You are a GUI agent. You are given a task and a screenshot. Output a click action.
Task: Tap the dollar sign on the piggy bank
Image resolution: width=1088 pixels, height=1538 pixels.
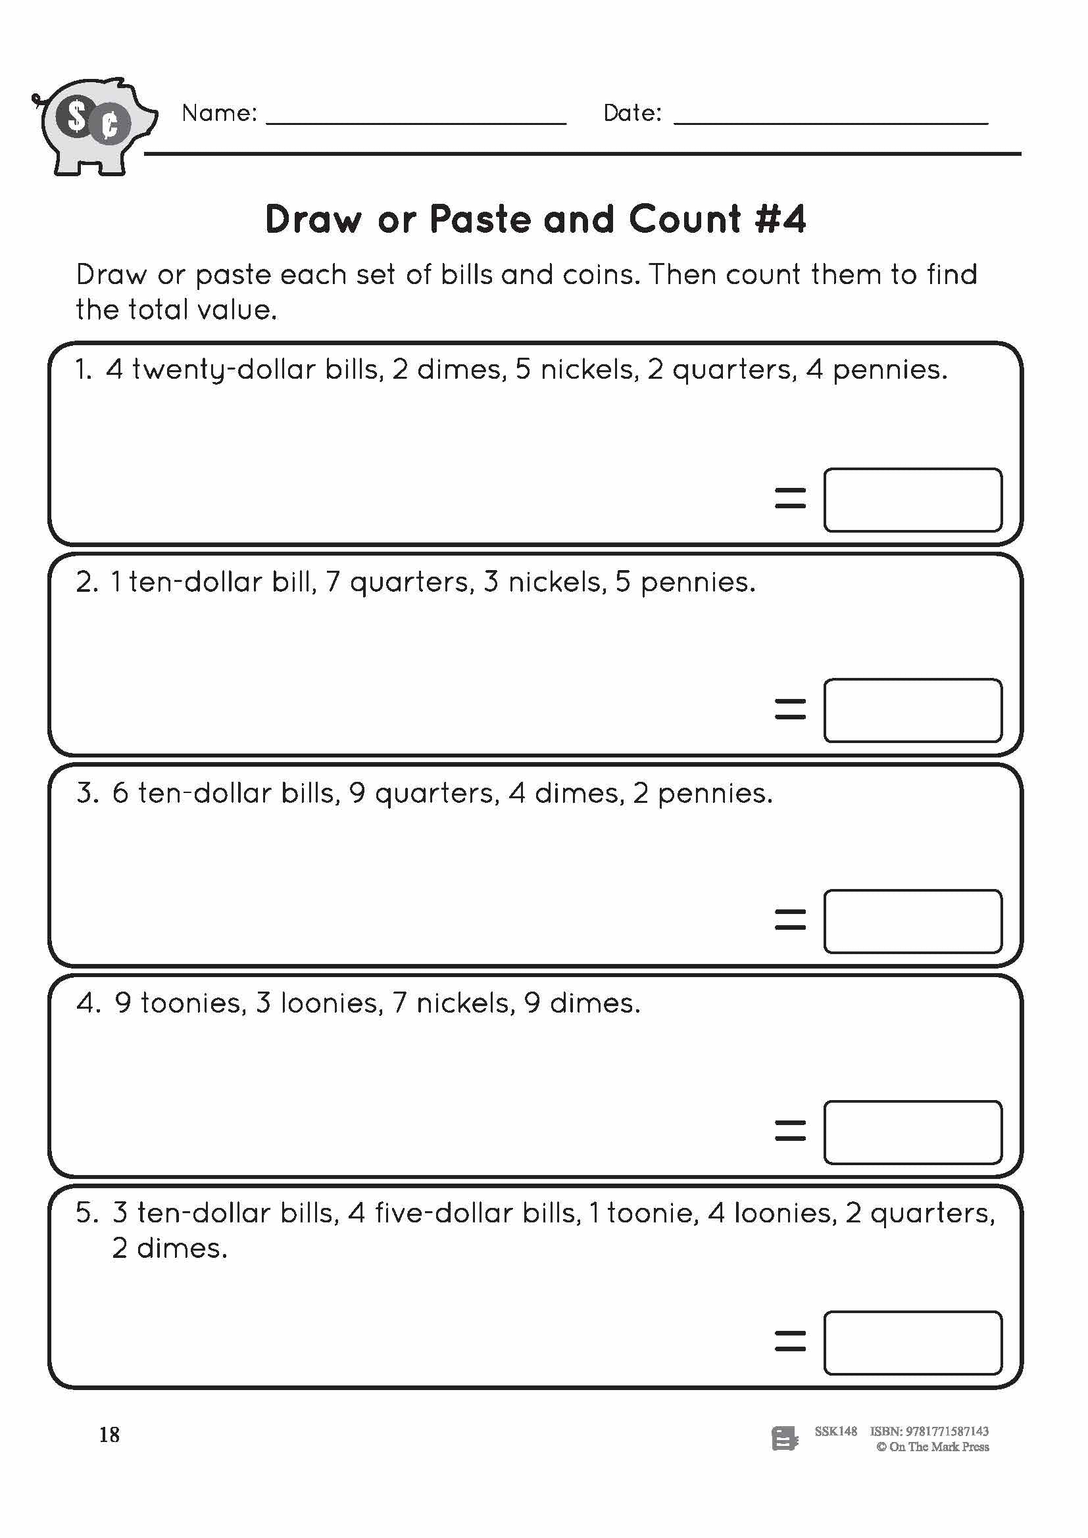[x=77, y=117]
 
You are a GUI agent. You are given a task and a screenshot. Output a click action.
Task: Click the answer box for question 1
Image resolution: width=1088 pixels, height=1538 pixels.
[x=912, y=500]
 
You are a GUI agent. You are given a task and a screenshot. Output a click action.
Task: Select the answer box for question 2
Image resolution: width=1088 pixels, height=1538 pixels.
[x=912, y=710]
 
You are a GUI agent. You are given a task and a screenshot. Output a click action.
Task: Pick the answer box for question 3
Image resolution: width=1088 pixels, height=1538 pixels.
[x=912, y=921]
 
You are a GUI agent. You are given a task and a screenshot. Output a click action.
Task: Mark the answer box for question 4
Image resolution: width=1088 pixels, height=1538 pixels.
[x=912, y=1132]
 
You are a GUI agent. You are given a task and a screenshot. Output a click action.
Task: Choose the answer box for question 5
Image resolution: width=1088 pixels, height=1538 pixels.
[x=912, y=1343]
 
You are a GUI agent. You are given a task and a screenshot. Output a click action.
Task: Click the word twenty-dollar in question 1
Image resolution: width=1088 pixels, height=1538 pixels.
[x=224, y=370]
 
